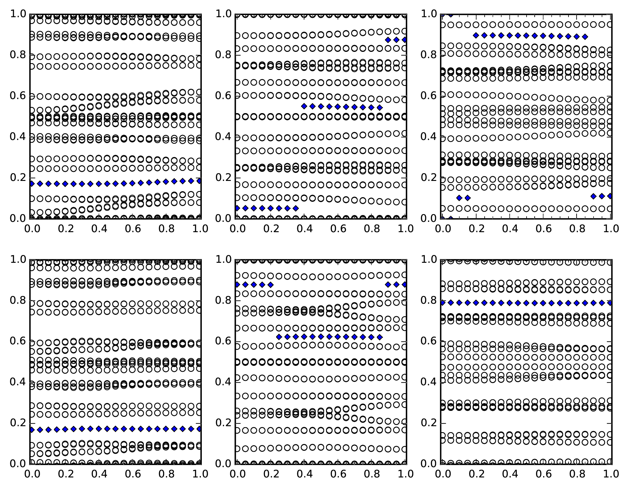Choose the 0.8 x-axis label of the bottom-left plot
click(x=166, y=474)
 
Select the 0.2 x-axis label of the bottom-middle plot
click(x=271, y=474)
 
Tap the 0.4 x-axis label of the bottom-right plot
click(x=510, y=474)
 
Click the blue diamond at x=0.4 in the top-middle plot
click(x=304, y=106)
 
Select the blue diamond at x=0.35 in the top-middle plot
click(x=296, y=208)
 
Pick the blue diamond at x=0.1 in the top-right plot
click(x=459, y=198)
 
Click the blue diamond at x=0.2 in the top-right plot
click(x=476, y=35)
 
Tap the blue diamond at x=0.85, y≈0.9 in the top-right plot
click(x=585, y=37)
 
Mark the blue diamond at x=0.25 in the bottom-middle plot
click(x=279, y=337)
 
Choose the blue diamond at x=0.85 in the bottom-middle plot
click(x=380, y=337)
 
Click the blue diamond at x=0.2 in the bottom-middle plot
click(x=271, y=285)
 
